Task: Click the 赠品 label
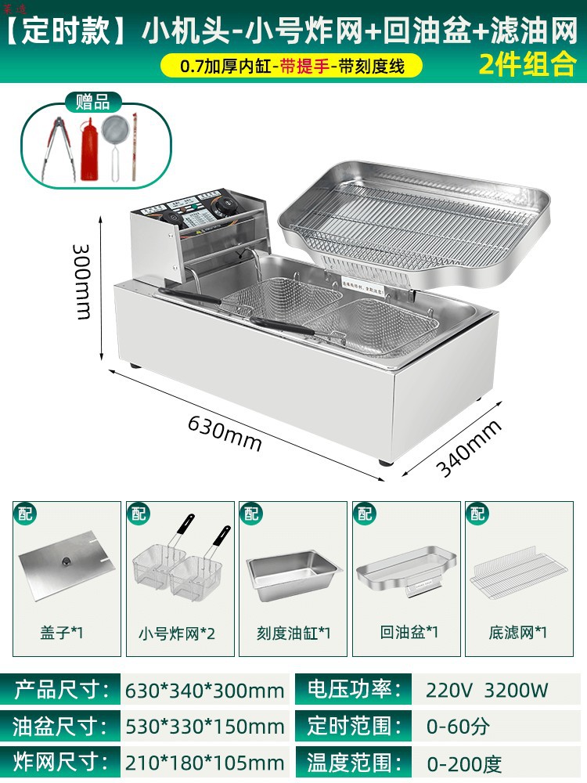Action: click(92, 102)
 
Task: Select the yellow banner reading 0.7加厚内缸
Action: click(291, 66)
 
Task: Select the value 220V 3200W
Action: click(487, 690)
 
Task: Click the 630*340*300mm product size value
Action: click(204, 690)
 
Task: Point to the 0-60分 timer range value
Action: click(459, 726)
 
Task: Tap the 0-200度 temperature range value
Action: click(464, 763)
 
